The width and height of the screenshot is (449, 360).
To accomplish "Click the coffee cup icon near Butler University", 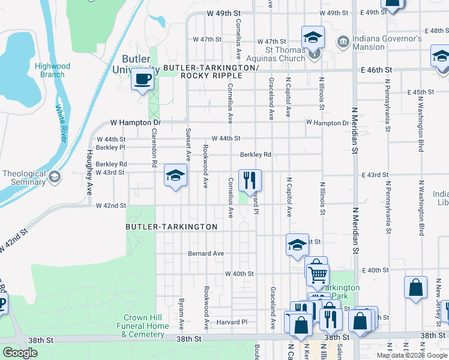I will (x=142, y=79).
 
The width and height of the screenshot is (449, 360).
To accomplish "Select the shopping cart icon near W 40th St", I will (x=317, y=274).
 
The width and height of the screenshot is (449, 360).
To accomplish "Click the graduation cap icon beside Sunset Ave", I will (x=175, y=175).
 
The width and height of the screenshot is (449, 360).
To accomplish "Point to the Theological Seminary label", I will (x=24, y=178).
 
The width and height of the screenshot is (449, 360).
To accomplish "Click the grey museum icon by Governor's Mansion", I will (x=343, y=41).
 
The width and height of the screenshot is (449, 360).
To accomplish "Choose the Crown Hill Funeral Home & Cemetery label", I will (x=146, y=326).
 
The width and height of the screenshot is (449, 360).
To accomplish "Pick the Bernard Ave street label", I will (x=206, y=254).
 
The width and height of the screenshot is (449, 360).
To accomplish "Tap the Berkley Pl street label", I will (x=110, y=147).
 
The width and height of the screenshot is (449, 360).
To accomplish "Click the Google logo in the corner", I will (x=20, y=353).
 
